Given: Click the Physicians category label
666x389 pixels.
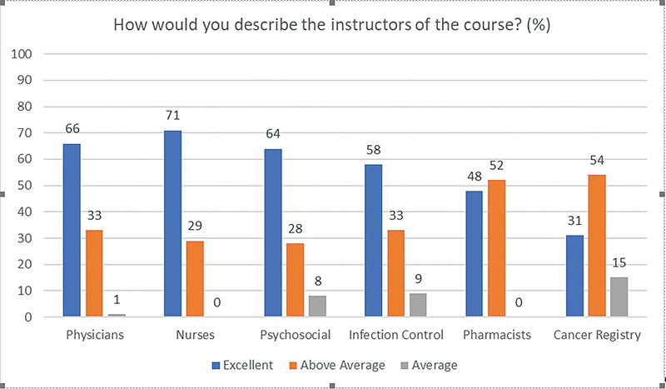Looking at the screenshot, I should pyautogui.click(x=96, y=337).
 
